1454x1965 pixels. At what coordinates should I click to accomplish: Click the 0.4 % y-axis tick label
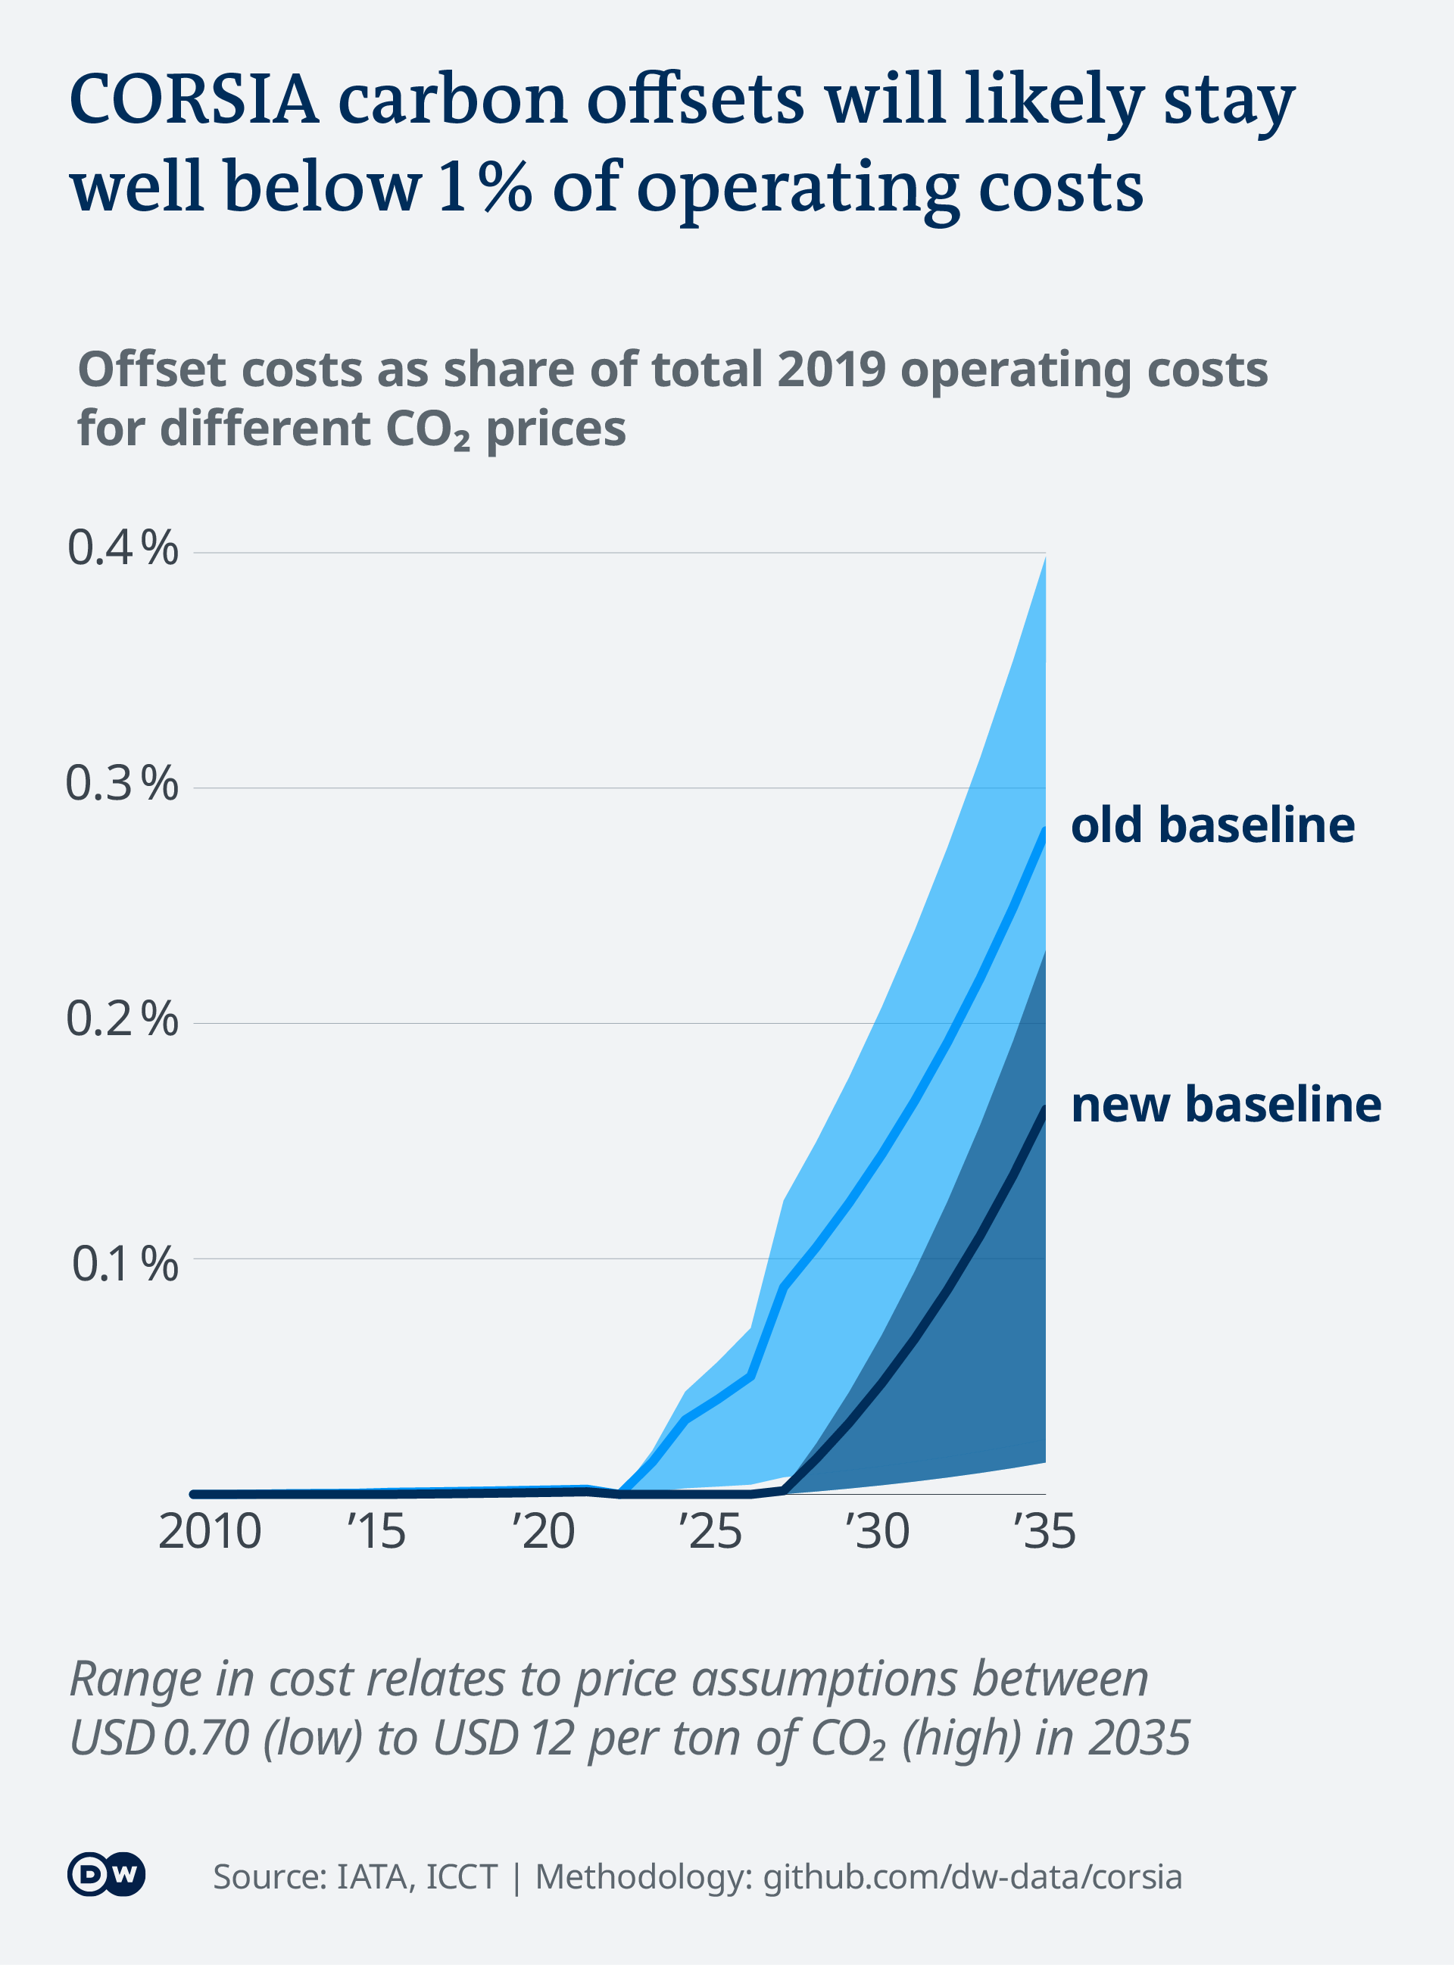(123, 548)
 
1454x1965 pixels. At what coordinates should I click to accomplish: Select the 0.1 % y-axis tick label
(124, 1264)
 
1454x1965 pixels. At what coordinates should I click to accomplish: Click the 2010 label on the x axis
(210, 1531)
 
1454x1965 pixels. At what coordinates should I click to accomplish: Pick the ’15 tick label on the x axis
(376, 1531)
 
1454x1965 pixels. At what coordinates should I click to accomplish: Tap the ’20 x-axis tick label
(543, 1531)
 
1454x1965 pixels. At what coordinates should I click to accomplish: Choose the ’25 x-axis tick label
(710, 1531)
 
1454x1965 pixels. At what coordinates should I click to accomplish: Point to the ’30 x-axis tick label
(878, 1531)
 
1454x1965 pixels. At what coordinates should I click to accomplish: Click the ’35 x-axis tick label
(1045, 1531)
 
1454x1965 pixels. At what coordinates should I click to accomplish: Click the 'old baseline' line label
(1212, 825)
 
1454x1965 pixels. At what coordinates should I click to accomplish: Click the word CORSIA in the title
(194, 98)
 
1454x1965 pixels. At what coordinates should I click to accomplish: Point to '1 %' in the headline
(484, 186)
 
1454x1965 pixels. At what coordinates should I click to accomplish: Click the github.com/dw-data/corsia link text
(972, 1876)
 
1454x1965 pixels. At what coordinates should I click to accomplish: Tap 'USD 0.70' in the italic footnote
(159, 1738)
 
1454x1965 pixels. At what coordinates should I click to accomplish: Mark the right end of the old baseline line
(1044, 831)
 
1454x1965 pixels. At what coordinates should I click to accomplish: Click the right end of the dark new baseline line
(1044, 1109)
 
